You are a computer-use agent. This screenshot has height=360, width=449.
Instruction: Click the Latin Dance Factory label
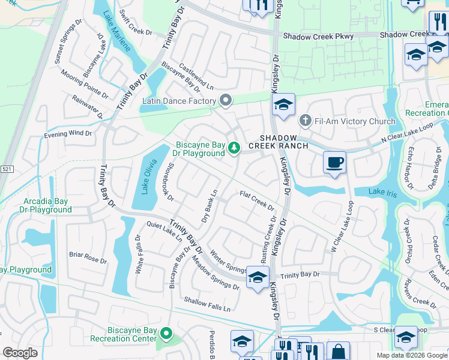click(179, 101)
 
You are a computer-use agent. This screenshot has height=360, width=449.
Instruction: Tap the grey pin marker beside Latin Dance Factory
click(226, 100)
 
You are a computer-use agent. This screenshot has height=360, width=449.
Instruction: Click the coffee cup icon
click(334, 162)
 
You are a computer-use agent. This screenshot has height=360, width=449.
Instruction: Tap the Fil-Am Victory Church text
click(357, 121)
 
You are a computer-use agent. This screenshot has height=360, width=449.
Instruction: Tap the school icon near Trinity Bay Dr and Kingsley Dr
click(258, 277)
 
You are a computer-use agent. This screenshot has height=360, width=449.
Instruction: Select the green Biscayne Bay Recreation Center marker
click(167, 334)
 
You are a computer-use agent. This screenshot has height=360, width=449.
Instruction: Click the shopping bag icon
click(338, 352)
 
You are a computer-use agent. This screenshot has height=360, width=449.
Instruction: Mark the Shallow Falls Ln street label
click(207, 304)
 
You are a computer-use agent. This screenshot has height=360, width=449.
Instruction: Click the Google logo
click(20, 353)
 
